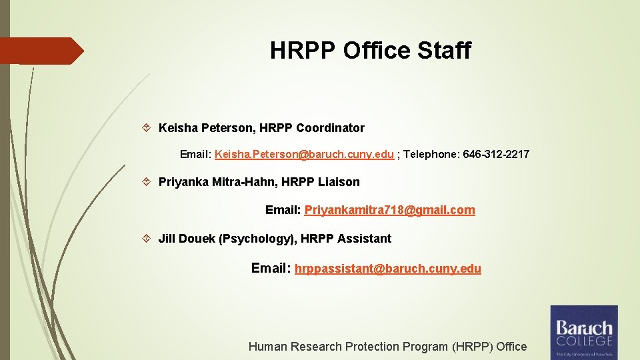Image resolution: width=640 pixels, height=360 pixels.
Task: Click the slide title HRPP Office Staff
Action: click(370, 51)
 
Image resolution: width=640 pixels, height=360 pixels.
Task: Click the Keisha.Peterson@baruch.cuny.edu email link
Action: click(304, 155)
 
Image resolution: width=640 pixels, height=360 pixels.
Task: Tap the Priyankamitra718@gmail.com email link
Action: click(390, 211)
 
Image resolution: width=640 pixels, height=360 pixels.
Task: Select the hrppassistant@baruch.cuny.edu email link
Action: click(387, 269)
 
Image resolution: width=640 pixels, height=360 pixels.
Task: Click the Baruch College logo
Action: click(583, 332)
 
